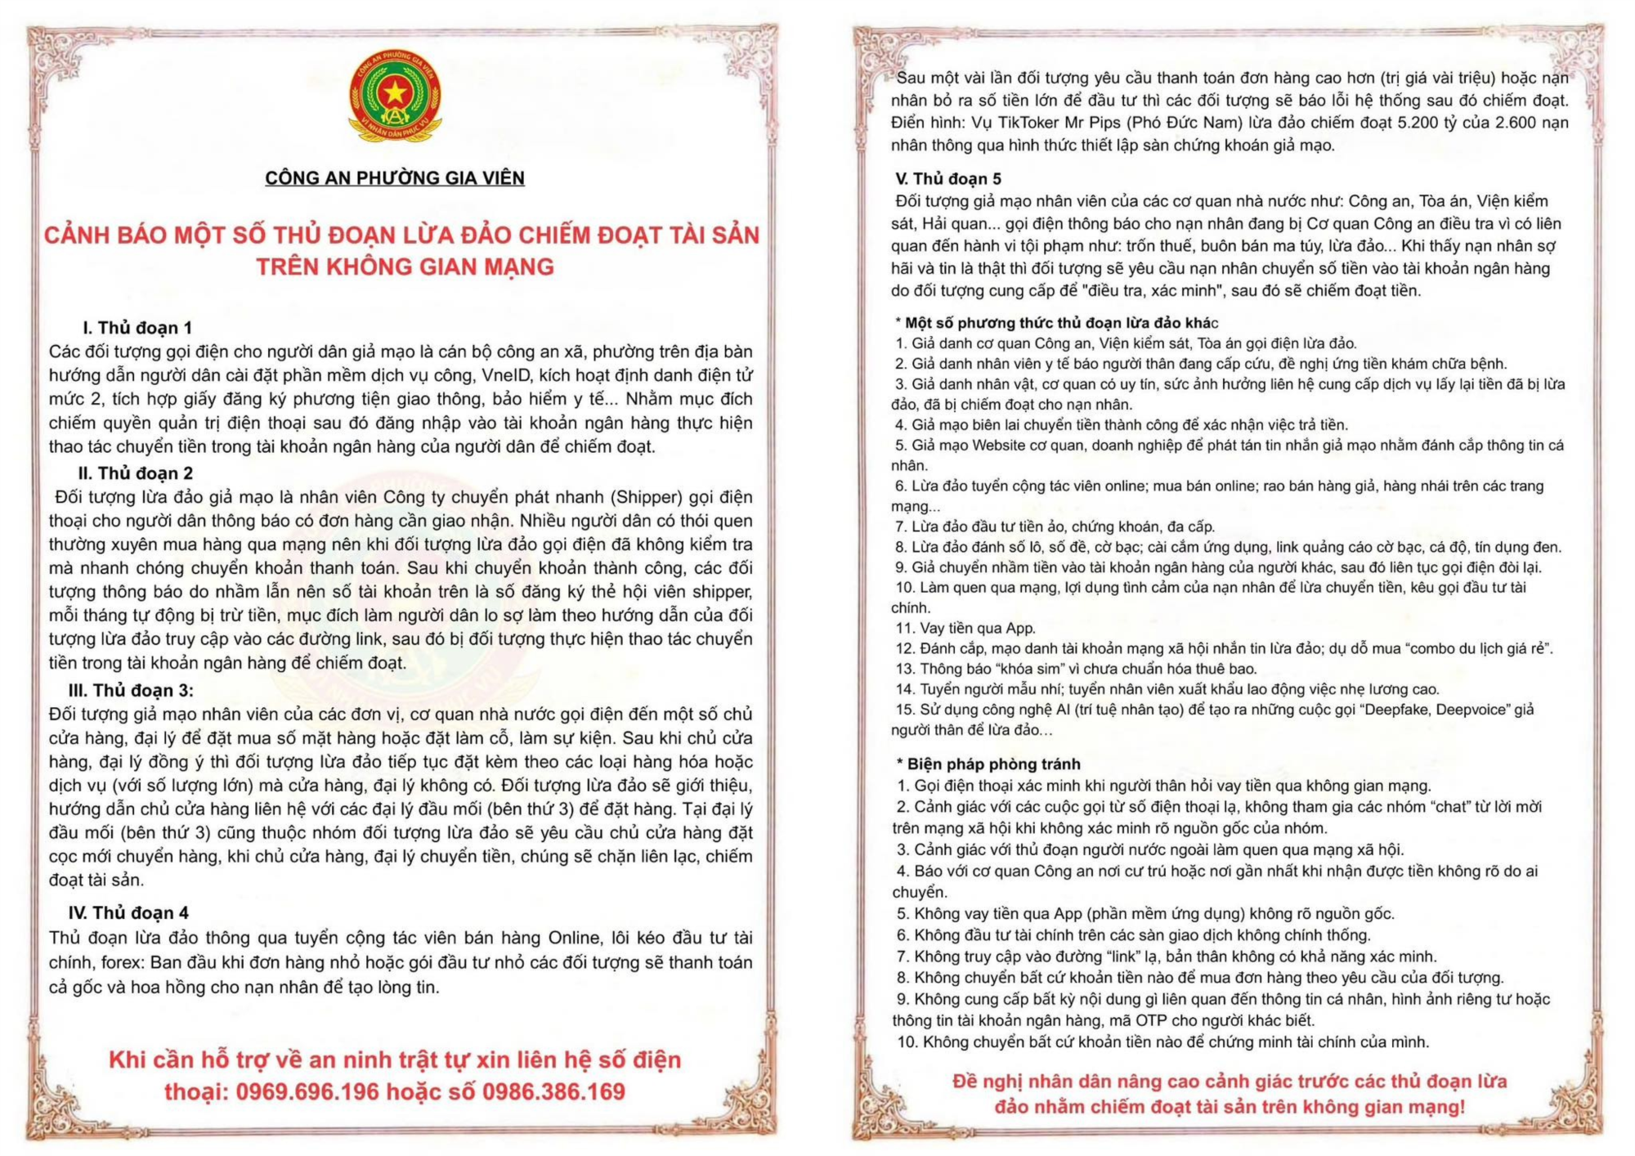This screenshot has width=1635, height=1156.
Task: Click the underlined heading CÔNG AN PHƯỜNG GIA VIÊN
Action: point(395,178)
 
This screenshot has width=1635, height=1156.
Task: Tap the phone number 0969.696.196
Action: point(307,1092)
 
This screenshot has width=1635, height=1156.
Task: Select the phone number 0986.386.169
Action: point(553,1092)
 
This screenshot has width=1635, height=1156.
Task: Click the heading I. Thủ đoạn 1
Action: point(137,328)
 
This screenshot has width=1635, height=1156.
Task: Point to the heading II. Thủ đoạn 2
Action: point(136,473)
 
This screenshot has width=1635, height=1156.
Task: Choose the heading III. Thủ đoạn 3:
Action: point(131,691)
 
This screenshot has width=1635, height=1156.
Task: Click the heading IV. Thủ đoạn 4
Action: point(128,913)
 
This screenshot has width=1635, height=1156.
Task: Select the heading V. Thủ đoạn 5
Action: point(948,179)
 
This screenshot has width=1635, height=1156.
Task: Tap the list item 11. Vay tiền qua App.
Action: point(965,628)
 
